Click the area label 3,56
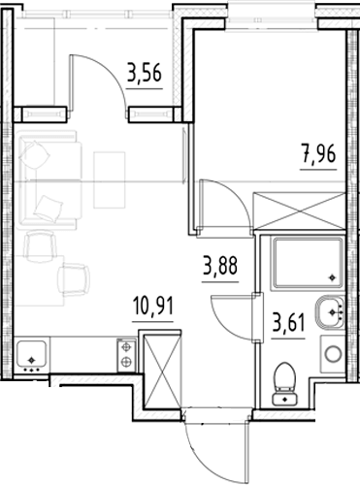click(145, 73)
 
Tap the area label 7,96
click(318, 154)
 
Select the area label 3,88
click(220, 266)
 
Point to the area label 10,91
click(153, 306)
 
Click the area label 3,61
click(288, 323)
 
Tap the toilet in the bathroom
click(285, 384)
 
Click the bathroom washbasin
click(330, 312)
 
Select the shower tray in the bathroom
click(308, 263)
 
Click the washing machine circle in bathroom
click(334, 354)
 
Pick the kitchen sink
click(31, 355)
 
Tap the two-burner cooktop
click(126, 355)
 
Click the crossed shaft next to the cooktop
click(162, 372)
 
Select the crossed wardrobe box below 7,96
click(300, 211)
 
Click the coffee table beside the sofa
click(110, 179)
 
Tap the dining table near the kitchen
click(39, 280)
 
